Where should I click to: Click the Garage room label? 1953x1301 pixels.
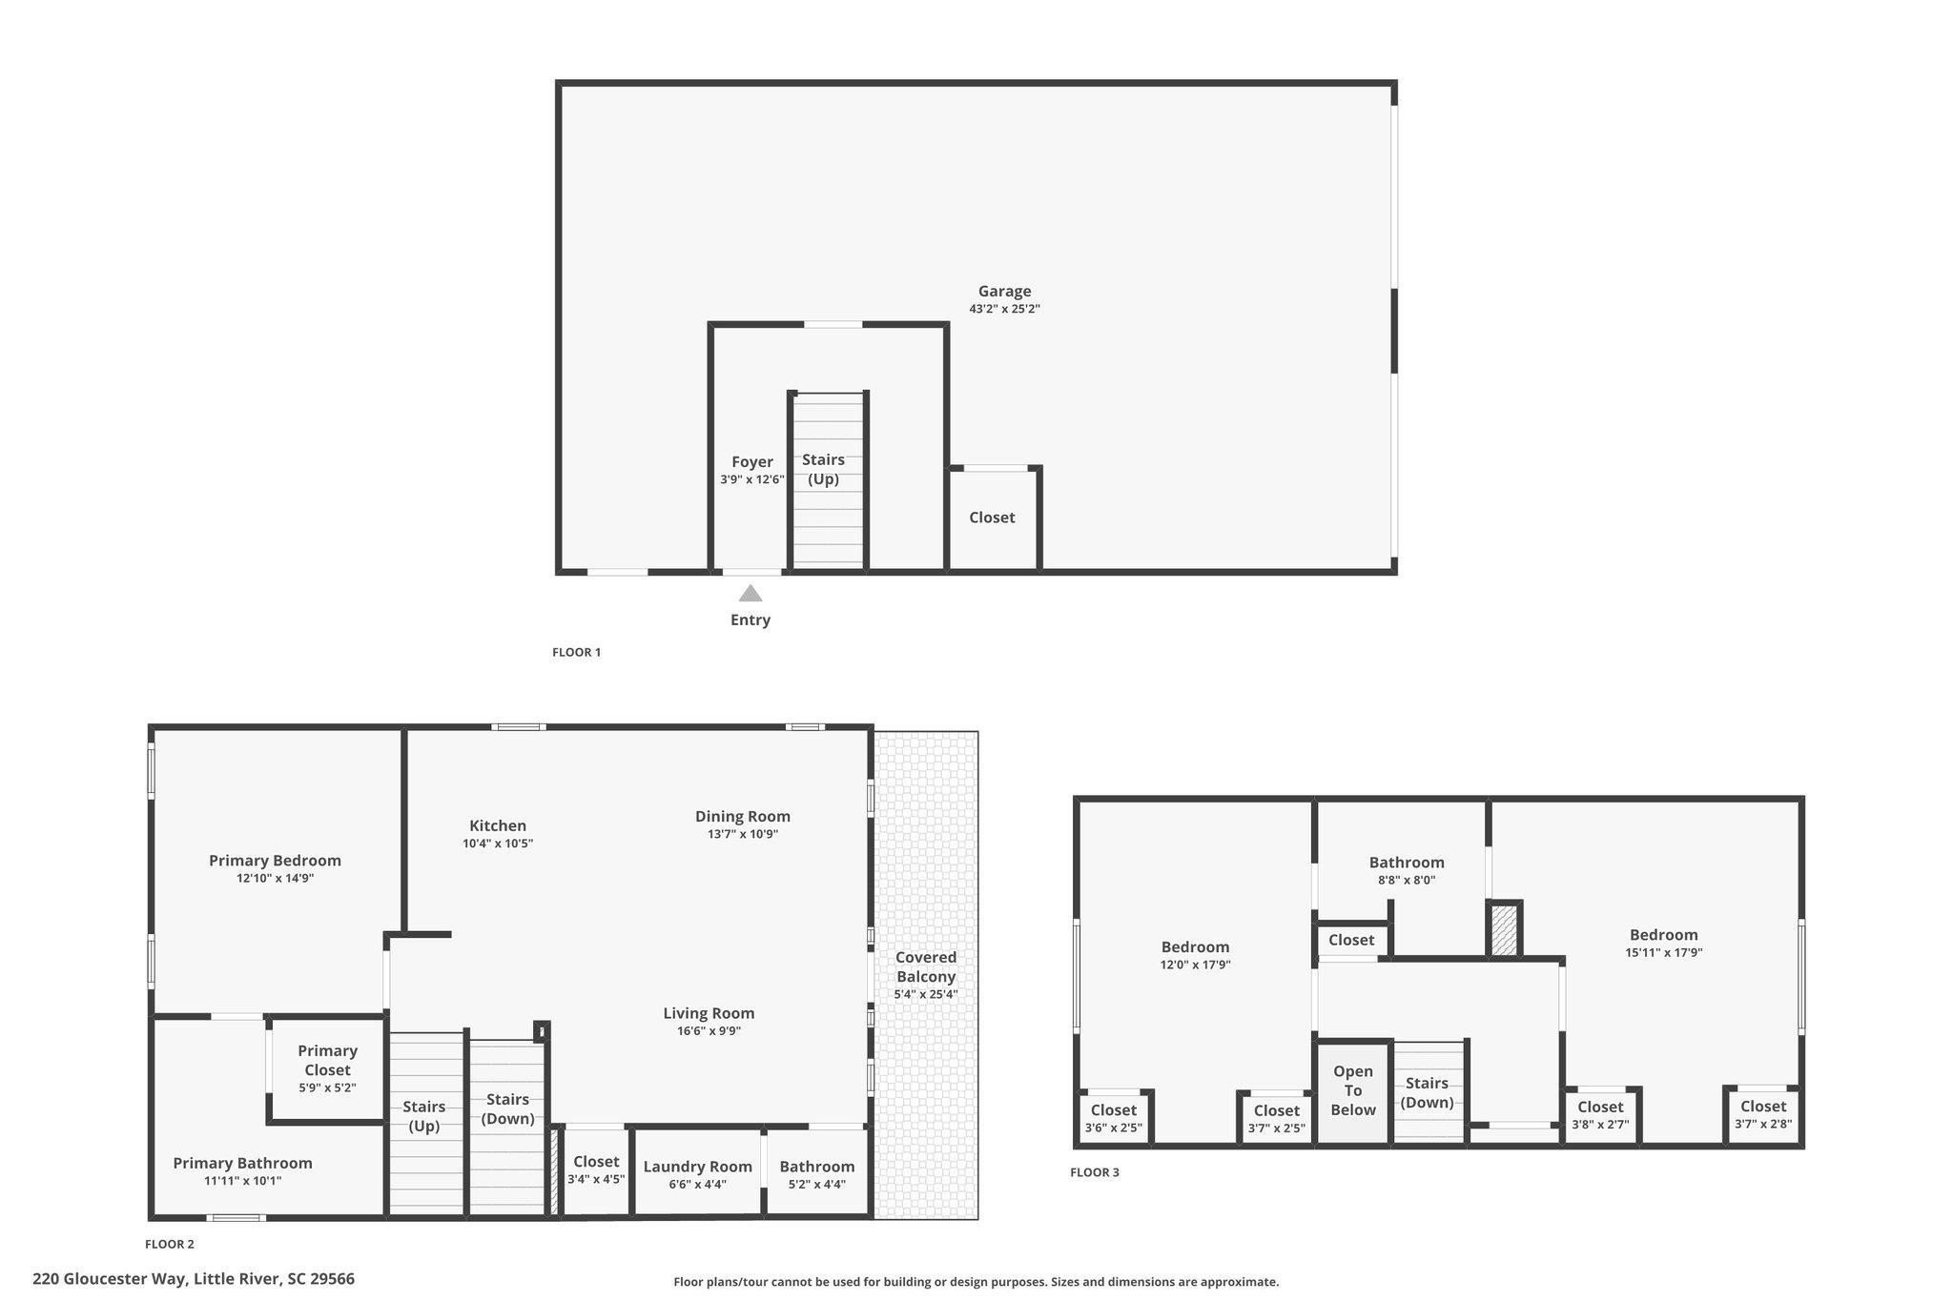(1004, 292)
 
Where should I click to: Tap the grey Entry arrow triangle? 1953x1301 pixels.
(750, 594)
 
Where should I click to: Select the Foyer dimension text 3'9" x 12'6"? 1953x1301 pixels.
(751, 479)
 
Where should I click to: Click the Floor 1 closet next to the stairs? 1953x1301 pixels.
(992, 518)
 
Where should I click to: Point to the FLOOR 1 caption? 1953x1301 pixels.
(576, 652)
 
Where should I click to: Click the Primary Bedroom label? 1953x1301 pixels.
(275, 861)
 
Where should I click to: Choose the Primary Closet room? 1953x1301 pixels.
(327, 1067)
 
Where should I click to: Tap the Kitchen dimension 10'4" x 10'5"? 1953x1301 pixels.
(497, 844)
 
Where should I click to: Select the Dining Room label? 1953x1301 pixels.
(742, 816)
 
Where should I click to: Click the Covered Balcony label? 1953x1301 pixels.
(925, 966)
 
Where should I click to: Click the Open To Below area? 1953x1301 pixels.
(1352, 1090)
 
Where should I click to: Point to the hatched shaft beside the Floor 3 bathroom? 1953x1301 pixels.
(1504, 929)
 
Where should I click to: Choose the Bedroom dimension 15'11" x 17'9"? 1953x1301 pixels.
(1663, 952)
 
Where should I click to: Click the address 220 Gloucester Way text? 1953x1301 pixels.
(194, 1279)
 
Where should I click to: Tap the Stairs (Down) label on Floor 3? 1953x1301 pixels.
(1427, 1092)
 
